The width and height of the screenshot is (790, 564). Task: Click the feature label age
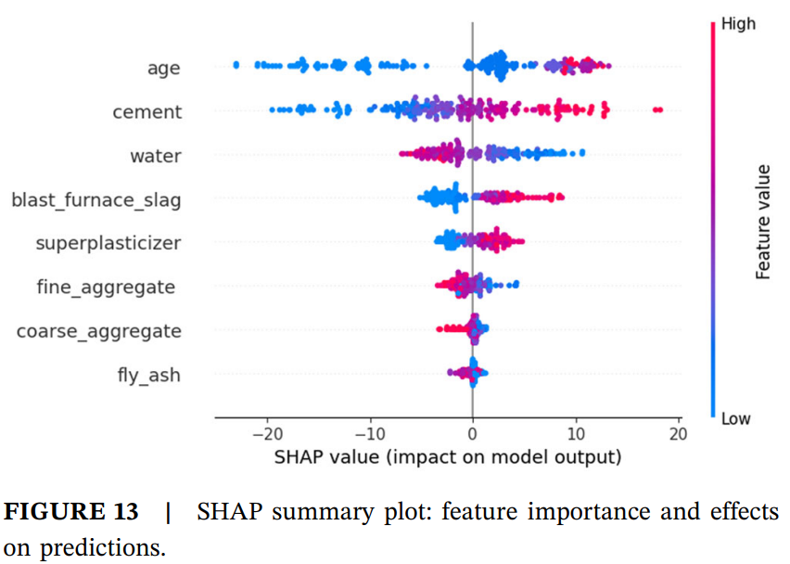click(x=163, y=68)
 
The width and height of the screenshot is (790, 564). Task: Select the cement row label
click(x=147, y=112)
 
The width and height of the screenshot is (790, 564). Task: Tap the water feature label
click(x=155, y=156)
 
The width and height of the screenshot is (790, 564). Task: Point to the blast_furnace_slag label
click(x=96, y=199)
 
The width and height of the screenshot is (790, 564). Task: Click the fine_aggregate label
click(x=106, y=287)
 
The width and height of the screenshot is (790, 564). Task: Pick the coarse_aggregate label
click(x=99, y=330)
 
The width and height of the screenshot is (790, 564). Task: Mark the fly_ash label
click(x=148, y=375)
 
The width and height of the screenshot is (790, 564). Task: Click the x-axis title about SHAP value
click(x=447, y=457)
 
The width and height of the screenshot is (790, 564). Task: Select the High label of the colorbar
click(x=738, y=24)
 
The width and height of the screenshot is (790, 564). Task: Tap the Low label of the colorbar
click(x=736, y=419)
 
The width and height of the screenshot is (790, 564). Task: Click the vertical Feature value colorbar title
click(x=763, y=221)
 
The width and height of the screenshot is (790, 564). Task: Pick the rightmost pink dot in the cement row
click(x=659, y=110)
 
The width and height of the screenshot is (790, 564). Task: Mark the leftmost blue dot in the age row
click(x=236, y=65)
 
